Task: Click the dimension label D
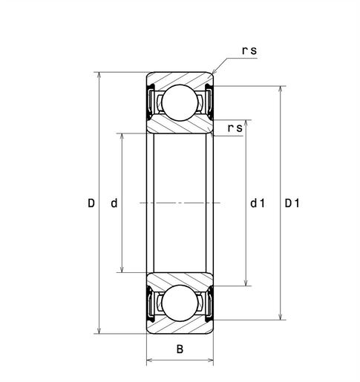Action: [91, 202]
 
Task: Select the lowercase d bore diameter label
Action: [113, 202]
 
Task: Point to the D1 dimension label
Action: [292, 202]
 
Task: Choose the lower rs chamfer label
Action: [235, 128]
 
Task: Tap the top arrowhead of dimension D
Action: [99, 76]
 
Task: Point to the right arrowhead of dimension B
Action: [211, 361]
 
